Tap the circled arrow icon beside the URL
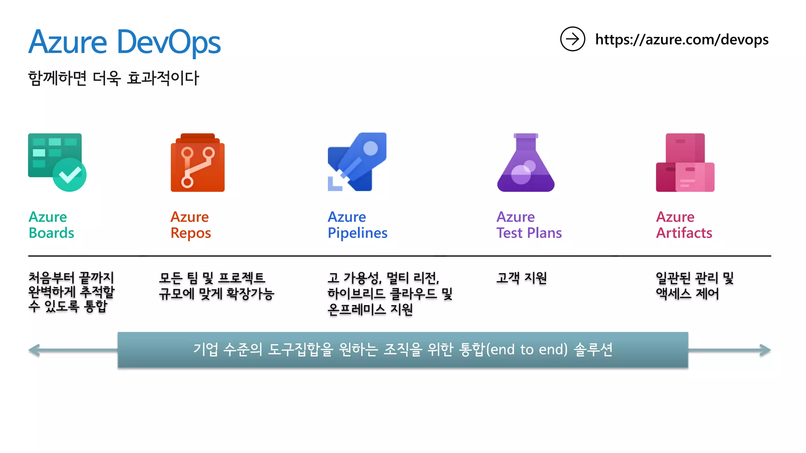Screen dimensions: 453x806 click(x=572, y=39)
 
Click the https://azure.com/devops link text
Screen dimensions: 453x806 click(x=682, y=40)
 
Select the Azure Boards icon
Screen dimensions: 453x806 click(x=57, y=162)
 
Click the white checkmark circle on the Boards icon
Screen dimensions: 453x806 click(x=70, y=175)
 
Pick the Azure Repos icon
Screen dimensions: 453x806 click(x=198, y=162)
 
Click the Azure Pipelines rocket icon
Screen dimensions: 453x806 click(x=357, y=162)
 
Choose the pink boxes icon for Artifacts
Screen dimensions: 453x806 click(x=685, y=162)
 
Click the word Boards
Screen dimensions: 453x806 click(x=52, y=233)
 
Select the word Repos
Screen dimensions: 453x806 click(x=191, y=233)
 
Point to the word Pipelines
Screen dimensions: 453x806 click(x=357, y=233)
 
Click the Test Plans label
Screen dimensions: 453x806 click(x=529, y=233)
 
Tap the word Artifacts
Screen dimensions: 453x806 click(x=684, y=233)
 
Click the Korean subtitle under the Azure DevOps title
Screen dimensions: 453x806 click(x=114, y=78)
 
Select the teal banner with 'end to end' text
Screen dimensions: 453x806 click(x=403, y=350)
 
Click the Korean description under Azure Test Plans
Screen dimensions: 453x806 click(x=521, y=278)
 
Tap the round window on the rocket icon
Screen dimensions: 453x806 click(x=370, y=148)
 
